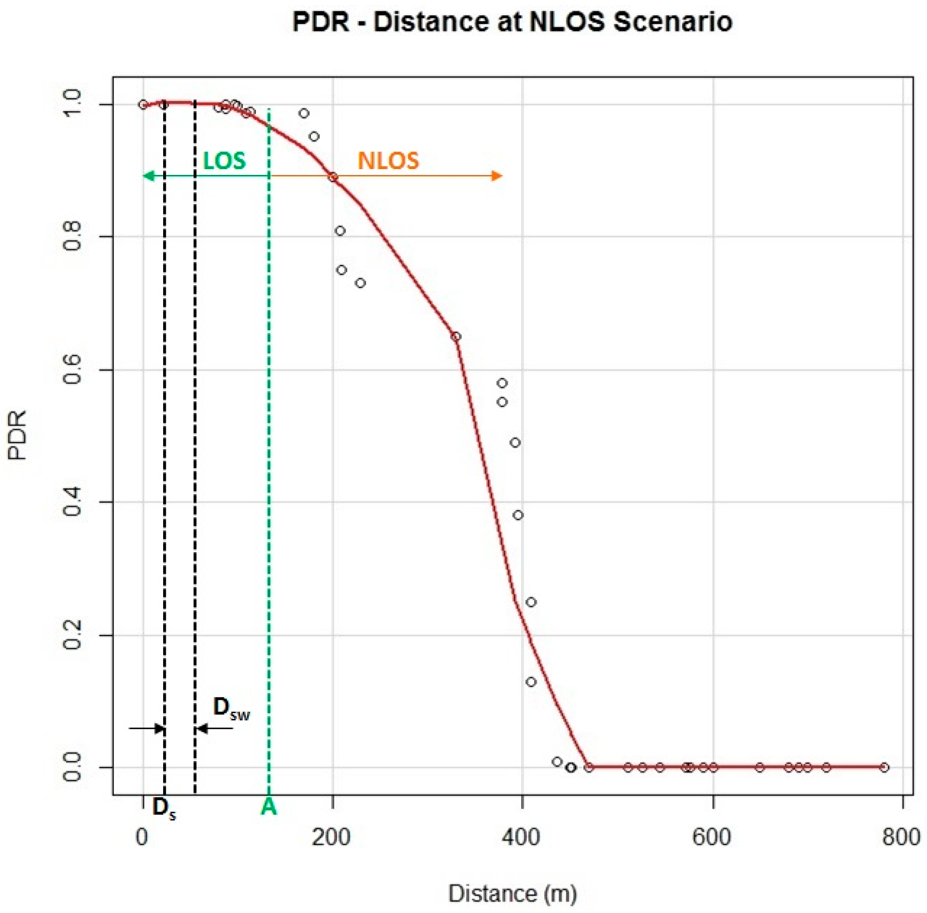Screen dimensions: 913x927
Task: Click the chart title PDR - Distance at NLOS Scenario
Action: coord(512,22)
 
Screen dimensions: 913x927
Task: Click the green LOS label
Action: coord(224,161)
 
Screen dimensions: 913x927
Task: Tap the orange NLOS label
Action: coord(388,161)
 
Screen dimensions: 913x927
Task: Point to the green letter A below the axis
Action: coord(269,808)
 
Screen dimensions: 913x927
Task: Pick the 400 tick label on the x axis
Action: coord(522,837)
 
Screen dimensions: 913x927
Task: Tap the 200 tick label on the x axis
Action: coord(332,837)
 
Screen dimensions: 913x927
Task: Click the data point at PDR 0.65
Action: coord(456,336)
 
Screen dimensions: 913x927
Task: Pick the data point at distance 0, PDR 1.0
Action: coord(143,104)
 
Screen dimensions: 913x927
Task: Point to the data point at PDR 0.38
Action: coord(518,516)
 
